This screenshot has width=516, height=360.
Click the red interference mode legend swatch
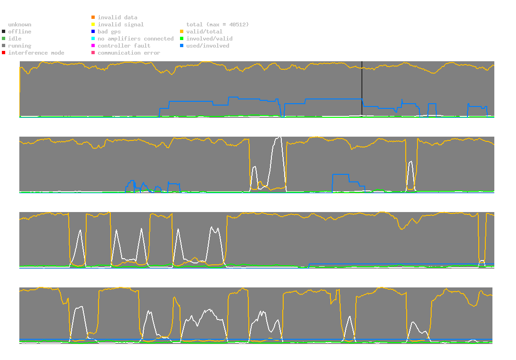click(x=3, y=53)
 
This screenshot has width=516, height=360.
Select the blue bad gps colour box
click(x=93, y=32)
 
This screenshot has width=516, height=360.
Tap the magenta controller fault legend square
click(x=93, y=46)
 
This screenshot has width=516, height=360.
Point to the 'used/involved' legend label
click(x=207, y=46)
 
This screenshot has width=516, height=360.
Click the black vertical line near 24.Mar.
click(x=362, y=90)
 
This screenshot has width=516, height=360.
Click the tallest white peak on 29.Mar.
click(x=280, y=137)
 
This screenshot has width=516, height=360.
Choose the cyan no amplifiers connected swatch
click(x=93, y=39)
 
